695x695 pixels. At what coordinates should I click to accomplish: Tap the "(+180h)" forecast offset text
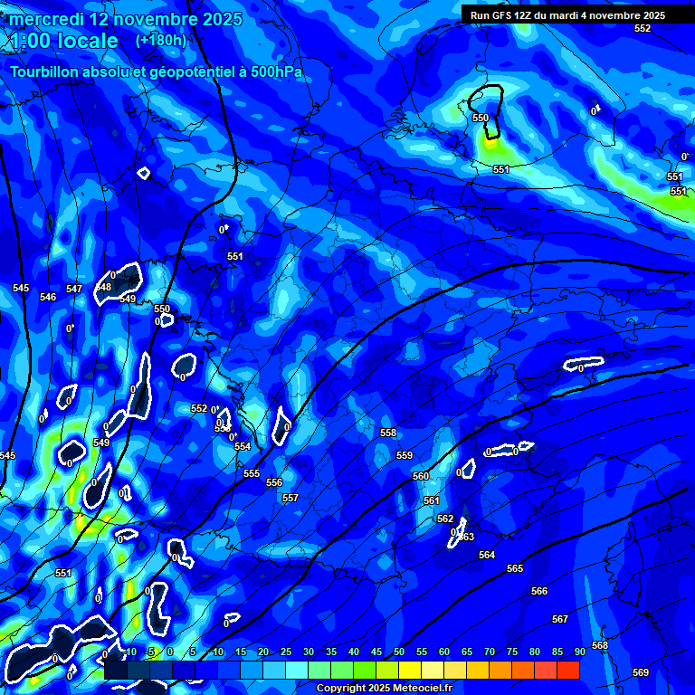161,40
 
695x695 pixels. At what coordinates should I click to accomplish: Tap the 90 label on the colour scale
579,652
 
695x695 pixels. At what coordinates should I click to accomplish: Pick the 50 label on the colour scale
399,652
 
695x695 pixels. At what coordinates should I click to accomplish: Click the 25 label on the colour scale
286,652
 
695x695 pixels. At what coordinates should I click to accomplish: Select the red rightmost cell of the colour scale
568,670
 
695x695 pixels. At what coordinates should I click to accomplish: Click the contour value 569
641,672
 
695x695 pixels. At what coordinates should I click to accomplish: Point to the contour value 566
539,591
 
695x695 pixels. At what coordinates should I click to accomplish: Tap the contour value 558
388,433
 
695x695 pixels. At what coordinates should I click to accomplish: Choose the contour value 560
421,476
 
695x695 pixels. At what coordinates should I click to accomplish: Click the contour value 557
290,499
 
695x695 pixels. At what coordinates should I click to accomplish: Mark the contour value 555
252,474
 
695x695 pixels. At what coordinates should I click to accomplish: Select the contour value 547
74,290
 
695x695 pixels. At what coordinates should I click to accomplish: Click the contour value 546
48,297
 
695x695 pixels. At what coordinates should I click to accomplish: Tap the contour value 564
487,555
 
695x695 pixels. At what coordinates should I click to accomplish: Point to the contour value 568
600,645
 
